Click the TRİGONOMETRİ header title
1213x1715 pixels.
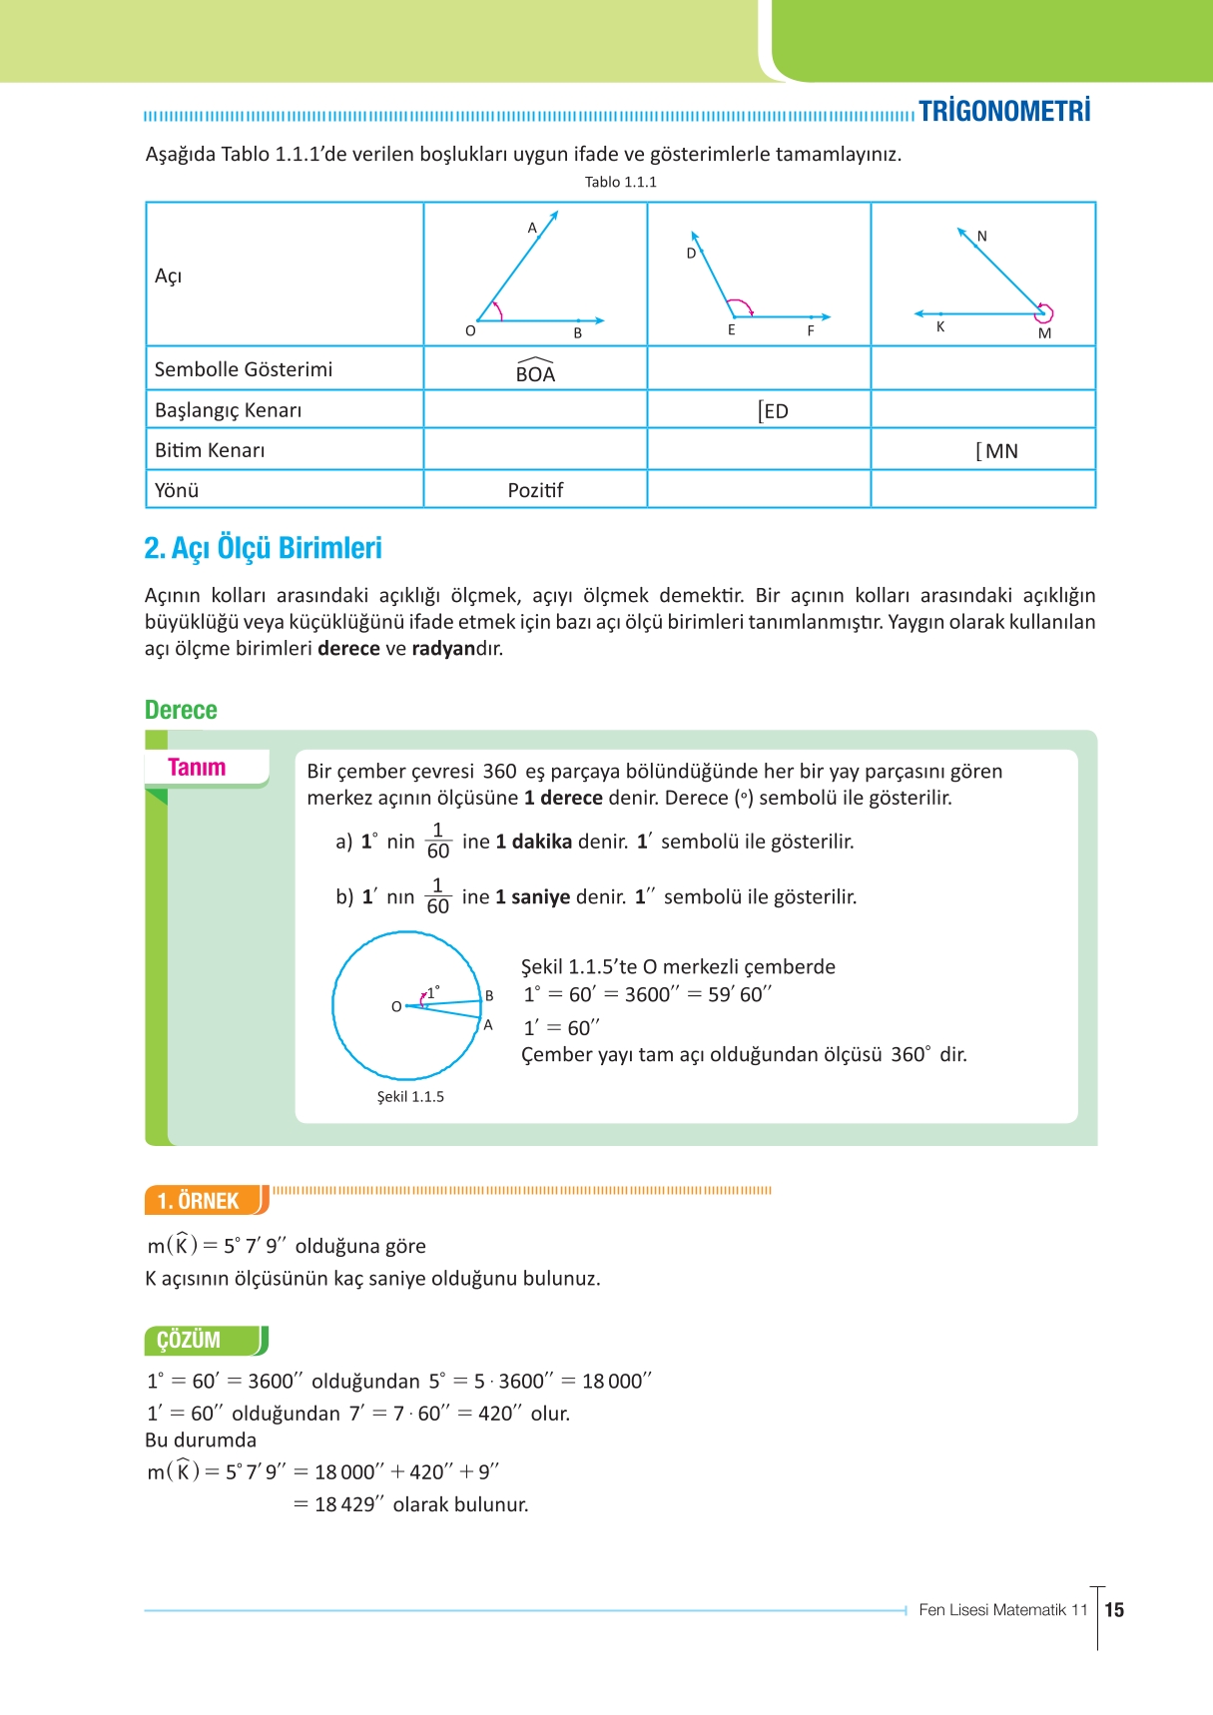pos(1004,111)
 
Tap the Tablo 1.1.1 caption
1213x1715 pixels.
pos(620,182)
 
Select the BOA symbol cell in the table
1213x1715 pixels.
pos(535,371)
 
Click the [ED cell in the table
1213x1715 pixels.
pos(773,410)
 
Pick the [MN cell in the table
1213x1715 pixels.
pos(996,450)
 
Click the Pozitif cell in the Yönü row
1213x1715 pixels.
pos(535,490)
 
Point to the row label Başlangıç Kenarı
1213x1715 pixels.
pos(228,410)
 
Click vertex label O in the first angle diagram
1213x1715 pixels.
pos(470,330)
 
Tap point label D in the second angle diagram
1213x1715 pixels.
pos(691,254)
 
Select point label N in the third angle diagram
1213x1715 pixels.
pos(981,237)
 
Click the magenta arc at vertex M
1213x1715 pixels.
pos(1045,311)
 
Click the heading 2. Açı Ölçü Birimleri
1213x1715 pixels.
pos(263,548)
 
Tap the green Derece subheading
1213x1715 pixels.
pos(181,710)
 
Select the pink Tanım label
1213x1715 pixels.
pos(197,767)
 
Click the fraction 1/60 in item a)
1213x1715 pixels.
pos(437,841)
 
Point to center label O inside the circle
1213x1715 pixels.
pos(396,1006)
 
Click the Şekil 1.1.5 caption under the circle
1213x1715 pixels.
pos(410,1096)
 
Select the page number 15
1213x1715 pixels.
pos(1114,1609)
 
